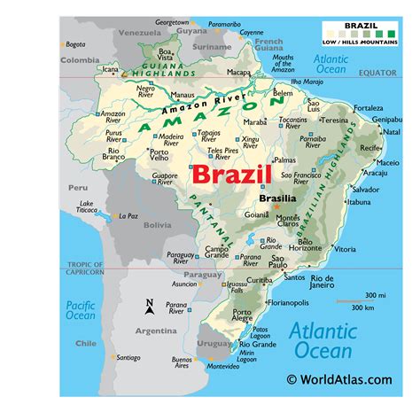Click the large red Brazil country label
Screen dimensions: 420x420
230,175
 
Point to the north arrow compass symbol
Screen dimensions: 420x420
150,307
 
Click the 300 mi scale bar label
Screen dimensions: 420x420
377,295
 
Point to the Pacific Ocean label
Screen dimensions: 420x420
79,311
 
